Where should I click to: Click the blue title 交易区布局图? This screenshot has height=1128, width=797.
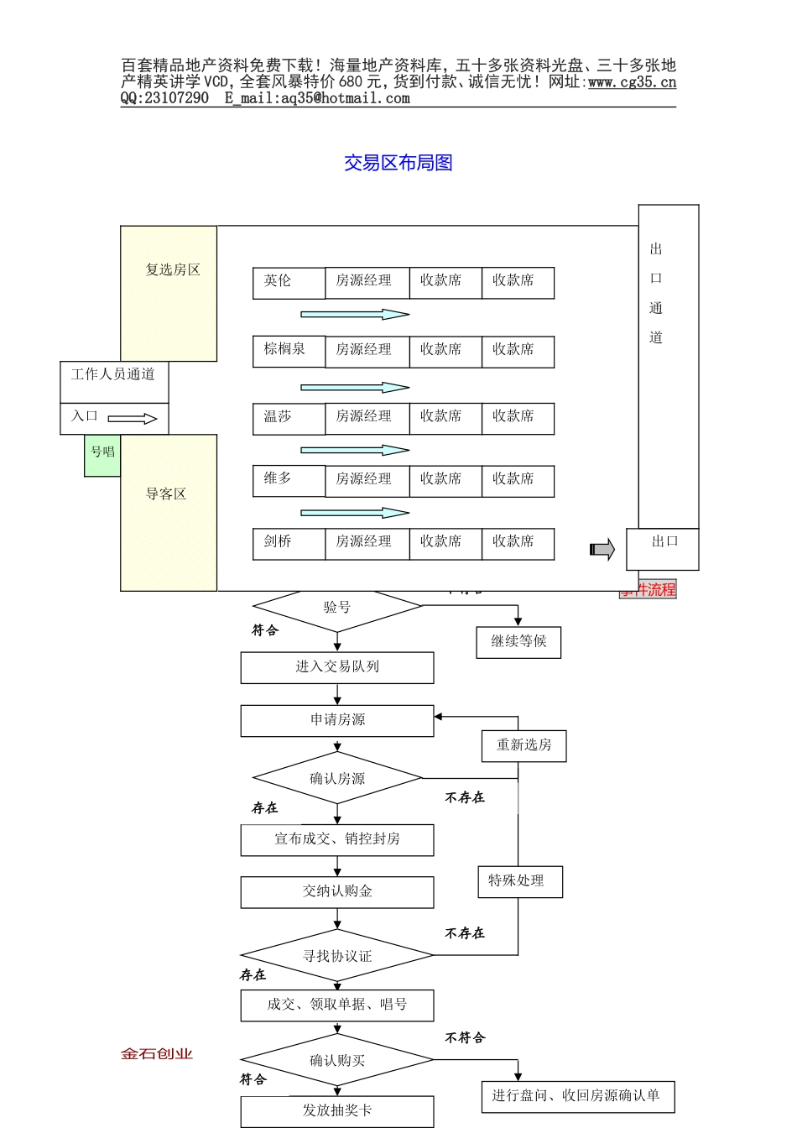398,163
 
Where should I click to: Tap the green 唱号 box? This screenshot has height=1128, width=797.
102,454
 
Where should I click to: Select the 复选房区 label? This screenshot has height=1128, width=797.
173,270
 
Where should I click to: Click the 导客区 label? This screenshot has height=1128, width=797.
166,494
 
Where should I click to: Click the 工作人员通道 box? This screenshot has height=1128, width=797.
113,375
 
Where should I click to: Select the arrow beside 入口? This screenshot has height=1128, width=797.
133,418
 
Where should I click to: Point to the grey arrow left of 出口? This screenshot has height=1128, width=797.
602,550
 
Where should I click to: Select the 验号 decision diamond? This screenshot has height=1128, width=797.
337,608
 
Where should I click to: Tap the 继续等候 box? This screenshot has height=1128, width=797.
518,642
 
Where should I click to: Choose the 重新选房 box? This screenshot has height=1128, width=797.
524,745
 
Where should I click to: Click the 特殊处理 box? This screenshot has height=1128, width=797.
518,881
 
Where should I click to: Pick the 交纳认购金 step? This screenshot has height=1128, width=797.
337,892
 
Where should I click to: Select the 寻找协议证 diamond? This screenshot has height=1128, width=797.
337,956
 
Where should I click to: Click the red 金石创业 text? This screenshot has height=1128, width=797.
157,1054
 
